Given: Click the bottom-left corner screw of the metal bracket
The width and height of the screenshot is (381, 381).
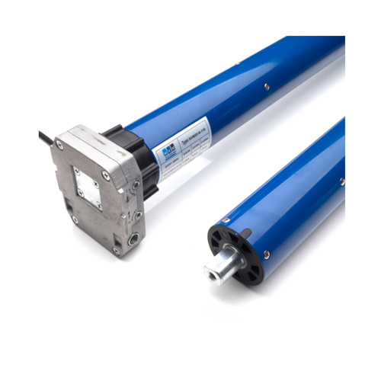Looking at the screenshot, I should (75, 219).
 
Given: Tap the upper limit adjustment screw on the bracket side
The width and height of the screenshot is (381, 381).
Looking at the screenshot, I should (135, 185).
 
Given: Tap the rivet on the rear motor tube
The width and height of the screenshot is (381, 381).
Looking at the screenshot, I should (267, 88).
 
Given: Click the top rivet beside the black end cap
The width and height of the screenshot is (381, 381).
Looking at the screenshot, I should (226, 220).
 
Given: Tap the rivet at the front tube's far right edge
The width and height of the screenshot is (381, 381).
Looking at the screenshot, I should (342, 181).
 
